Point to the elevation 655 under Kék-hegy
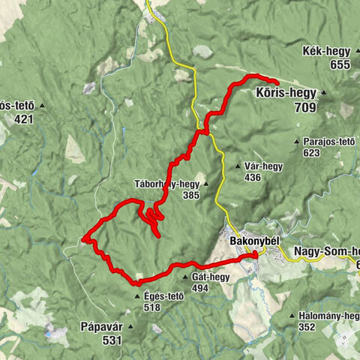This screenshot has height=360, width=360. (x=340, y=65)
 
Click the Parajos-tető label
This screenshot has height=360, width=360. (x=328, y=141)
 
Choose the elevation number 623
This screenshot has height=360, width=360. (x=312, y=152)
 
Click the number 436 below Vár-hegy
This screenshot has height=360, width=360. (x=252, y=177)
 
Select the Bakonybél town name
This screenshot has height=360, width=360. (x=251, y=241)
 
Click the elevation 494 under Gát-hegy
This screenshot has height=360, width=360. (x=200, y=287)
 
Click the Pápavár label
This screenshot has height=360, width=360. (x=101, y=326)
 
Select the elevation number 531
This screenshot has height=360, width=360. (x=111, y=340)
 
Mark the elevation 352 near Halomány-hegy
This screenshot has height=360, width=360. (x=306, y=326)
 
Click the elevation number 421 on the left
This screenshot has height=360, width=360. (x=24, y=119)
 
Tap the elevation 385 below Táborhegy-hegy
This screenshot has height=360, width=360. (x=190, y=195)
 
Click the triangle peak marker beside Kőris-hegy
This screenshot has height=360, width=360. (x=323, y=93)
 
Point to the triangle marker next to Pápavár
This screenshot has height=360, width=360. (x=130, y=327)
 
